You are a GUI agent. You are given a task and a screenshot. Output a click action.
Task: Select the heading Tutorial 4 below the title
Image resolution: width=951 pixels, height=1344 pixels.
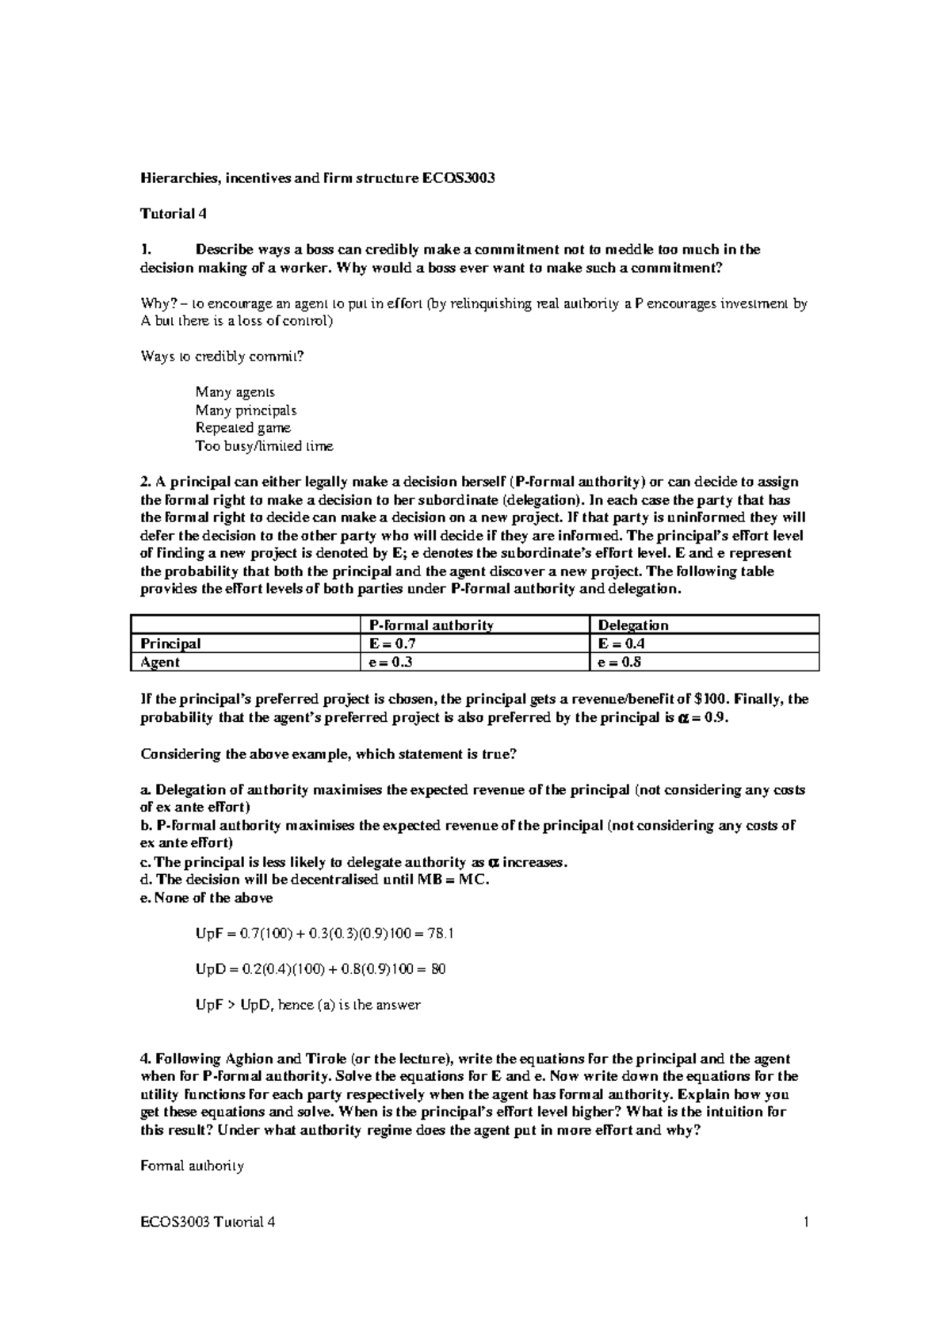tap(167, 214)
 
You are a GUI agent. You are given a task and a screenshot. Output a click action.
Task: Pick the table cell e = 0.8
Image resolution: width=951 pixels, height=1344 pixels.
tap(623, 662)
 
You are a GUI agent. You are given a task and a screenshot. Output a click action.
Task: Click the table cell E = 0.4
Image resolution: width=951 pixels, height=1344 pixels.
tap(623, 643)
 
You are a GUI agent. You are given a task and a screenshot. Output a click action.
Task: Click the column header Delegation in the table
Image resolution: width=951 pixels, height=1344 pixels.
tap(633, 625)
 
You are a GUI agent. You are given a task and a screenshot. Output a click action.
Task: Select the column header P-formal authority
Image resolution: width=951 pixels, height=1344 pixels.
tap(426, 625)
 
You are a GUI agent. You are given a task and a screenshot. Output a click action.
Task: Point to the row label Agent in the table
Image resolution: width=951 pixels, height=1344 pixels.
tap(160, 662)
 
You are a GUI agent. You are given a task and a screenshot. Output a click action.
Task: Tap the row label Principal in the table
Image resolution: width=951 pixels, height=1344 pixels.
tap(170, 643)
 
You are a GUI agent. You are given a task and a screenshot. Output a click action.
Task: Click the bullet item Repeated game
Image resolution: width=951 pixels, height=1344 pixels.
tap(243, 428)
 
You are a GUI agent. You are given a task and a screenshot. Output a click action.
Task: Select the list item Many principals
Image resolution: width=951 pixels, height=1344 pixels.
tap(246, 410)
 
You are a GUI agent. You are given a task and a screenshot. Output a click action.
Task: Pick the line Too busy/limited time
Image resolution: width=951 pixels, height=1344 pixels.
tap(264, 446)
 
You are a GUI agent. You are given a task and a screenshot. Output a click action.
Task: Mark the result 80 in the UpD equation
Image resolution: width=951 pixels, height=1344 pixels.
tap(437, 969)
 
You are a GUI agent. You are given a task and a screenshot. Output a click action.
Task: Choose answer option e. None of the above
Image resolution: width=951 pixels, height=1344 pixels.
tap(206, 898)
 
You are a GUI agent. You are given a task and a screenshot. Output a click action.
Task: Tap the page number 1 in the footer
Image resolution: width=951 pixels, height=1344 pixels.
tap(806, 1222)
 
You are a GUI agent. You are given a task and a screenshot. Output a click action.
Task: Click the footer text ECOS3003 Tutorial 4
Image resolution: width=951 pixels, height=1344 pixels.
tap(208, 1222)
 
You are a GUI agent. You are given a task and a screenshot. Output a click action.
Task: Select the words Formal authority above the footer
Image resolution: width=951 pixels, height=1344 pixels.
tap(192, 1166)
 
